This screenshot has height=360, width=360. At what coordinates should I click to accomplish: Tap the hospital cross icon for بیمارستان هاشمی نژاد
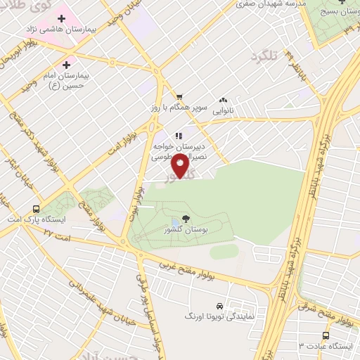[x=61, y=17]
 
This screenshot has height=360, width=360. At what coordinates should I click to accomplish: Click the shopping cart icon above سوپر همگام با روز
[x=179, y=97]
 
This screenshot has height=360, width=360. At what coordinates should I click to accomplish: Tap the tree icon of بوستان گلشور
[x=186, y=219]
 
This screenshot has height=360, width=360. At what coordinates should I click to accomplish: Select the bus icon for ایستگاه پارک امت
[x=36, y=209]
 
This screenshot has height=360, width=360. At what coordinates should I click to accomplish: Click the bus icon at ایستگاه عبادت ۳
[x=325, y=335]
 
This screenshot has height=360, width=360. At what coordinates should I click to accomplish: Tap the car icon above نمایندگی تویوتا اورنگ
[x=220, y=307]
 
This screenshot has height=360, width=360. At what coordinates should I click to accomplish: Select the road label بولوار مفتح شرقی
[x=330, y=309]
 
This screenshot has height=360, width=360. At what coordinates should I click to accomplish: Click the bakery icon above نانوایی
[x=224, y=100]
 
